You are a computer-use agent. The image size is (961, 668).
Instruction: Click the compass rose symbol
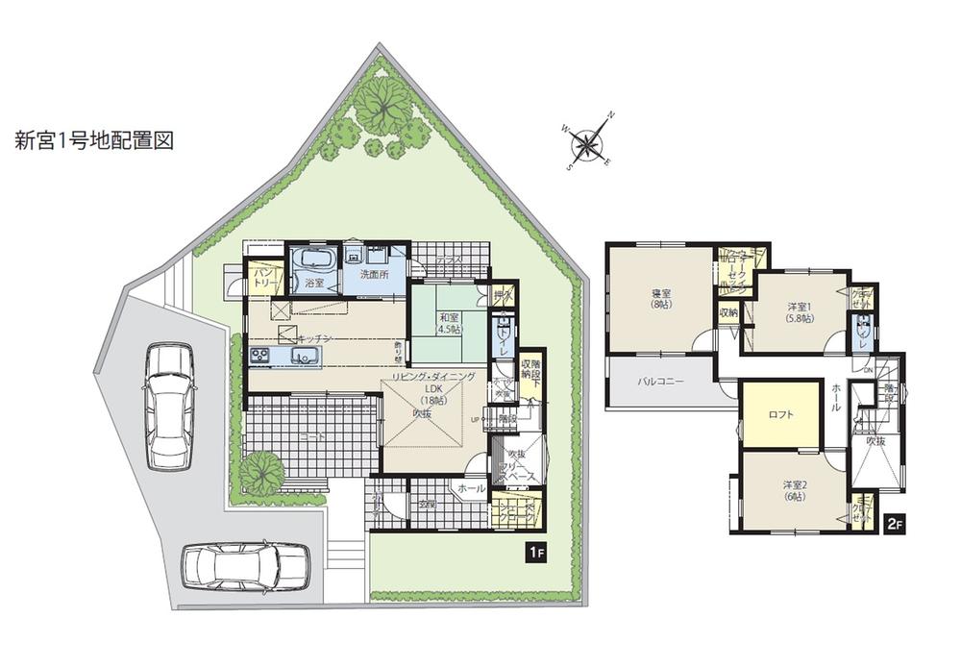coord(585,146)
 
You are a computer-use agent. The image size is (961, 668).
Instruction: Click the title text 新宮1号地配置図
coord(93,140)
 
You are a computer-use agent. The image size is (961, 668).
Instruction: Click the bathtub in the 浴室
coord(312,260)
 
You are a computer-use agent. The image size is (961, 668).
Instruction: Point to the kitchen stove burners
coord(261,357)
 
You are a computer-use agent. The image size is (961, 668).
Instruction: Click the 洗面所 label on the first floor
coord(374,275)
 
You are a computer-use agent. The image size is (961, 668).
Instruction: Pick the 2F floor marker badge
coord(894,523)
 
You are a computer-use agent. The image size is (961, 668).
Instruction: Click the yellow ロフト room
coord(780,414)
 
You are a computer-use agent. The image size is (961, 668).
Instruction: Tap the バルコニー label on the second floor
coord(661,382)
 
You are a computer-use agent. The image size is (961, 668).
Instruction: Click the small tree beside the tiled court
coord(261,472)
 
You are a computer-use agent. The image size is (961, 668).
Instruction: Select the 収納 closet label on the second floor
coord(727,312)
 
